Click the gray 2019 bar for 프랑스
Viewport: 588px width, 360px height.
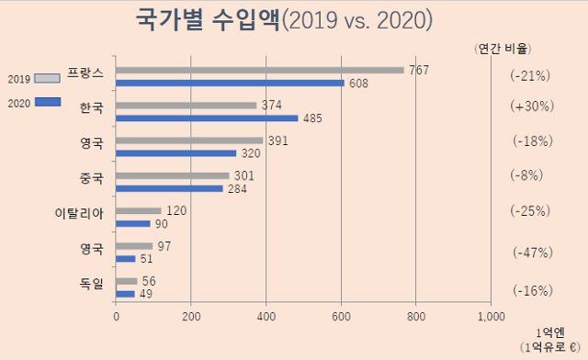click(x=260, y=70)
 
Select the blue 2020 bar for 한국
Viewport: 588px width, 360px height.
click(x=207, y=118)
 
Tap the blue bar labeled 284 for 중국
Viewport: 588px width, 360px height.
click(x=169, y=189)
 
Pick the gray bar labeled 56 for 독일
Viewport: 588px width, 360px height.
click(x=127, y=281)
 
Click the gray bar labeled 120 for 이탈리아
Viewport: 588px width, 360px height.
click(x=139, y=211)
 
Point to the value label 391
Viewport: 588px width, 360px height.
click(x=277, y=141)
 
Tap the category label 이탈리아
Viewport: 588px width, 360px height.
click(x=78, y=214)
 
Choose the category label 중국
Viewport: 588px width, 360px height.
click(x=91, y=177)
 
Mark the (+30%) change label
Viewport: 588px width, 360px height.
click(x=531, y=107)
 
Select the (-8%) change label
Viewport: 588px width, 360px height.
click(x=531, y=176)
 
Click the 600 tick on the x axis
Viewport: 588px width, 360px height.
click(x=342, y=317)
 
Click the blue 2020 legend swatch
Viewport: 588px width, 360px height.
click(x=47, y=102)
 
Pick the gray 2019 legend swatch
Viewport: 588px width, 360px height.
click(x=47, y=77)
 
